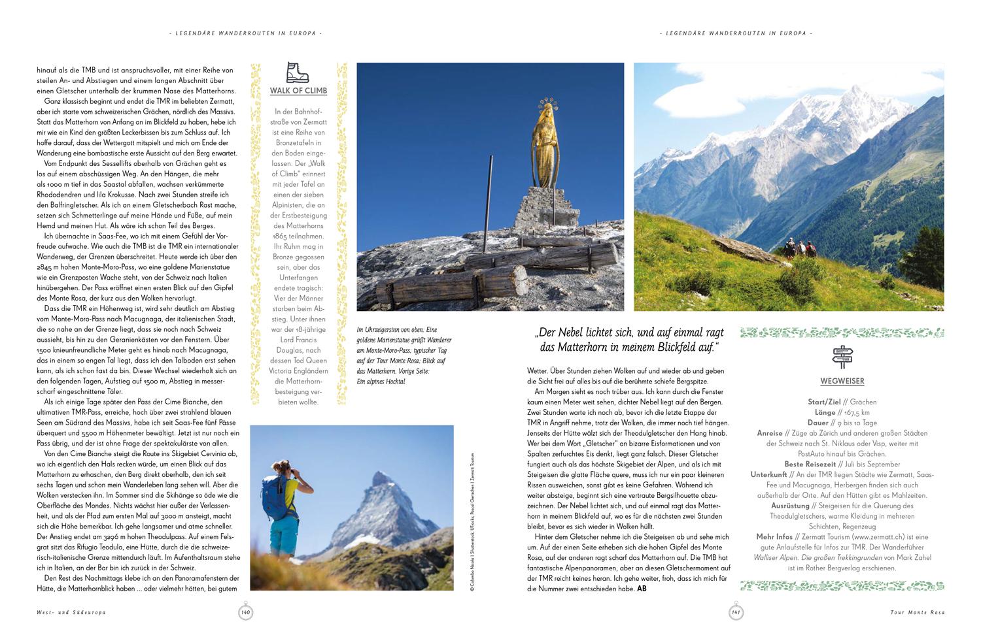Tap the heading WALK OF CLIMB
(x=298, y=91)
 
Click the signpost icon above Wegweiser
(x=842, y=356)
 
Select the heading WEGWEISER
(x=842, y=381)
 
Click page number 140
(x=246, y=612)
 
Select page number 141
(x=736, y=612)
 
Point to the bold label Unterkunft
(x=771, y=475)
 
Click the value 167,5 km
(x=856, y=412)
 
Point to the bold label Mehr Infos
(x=775, y=537)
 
